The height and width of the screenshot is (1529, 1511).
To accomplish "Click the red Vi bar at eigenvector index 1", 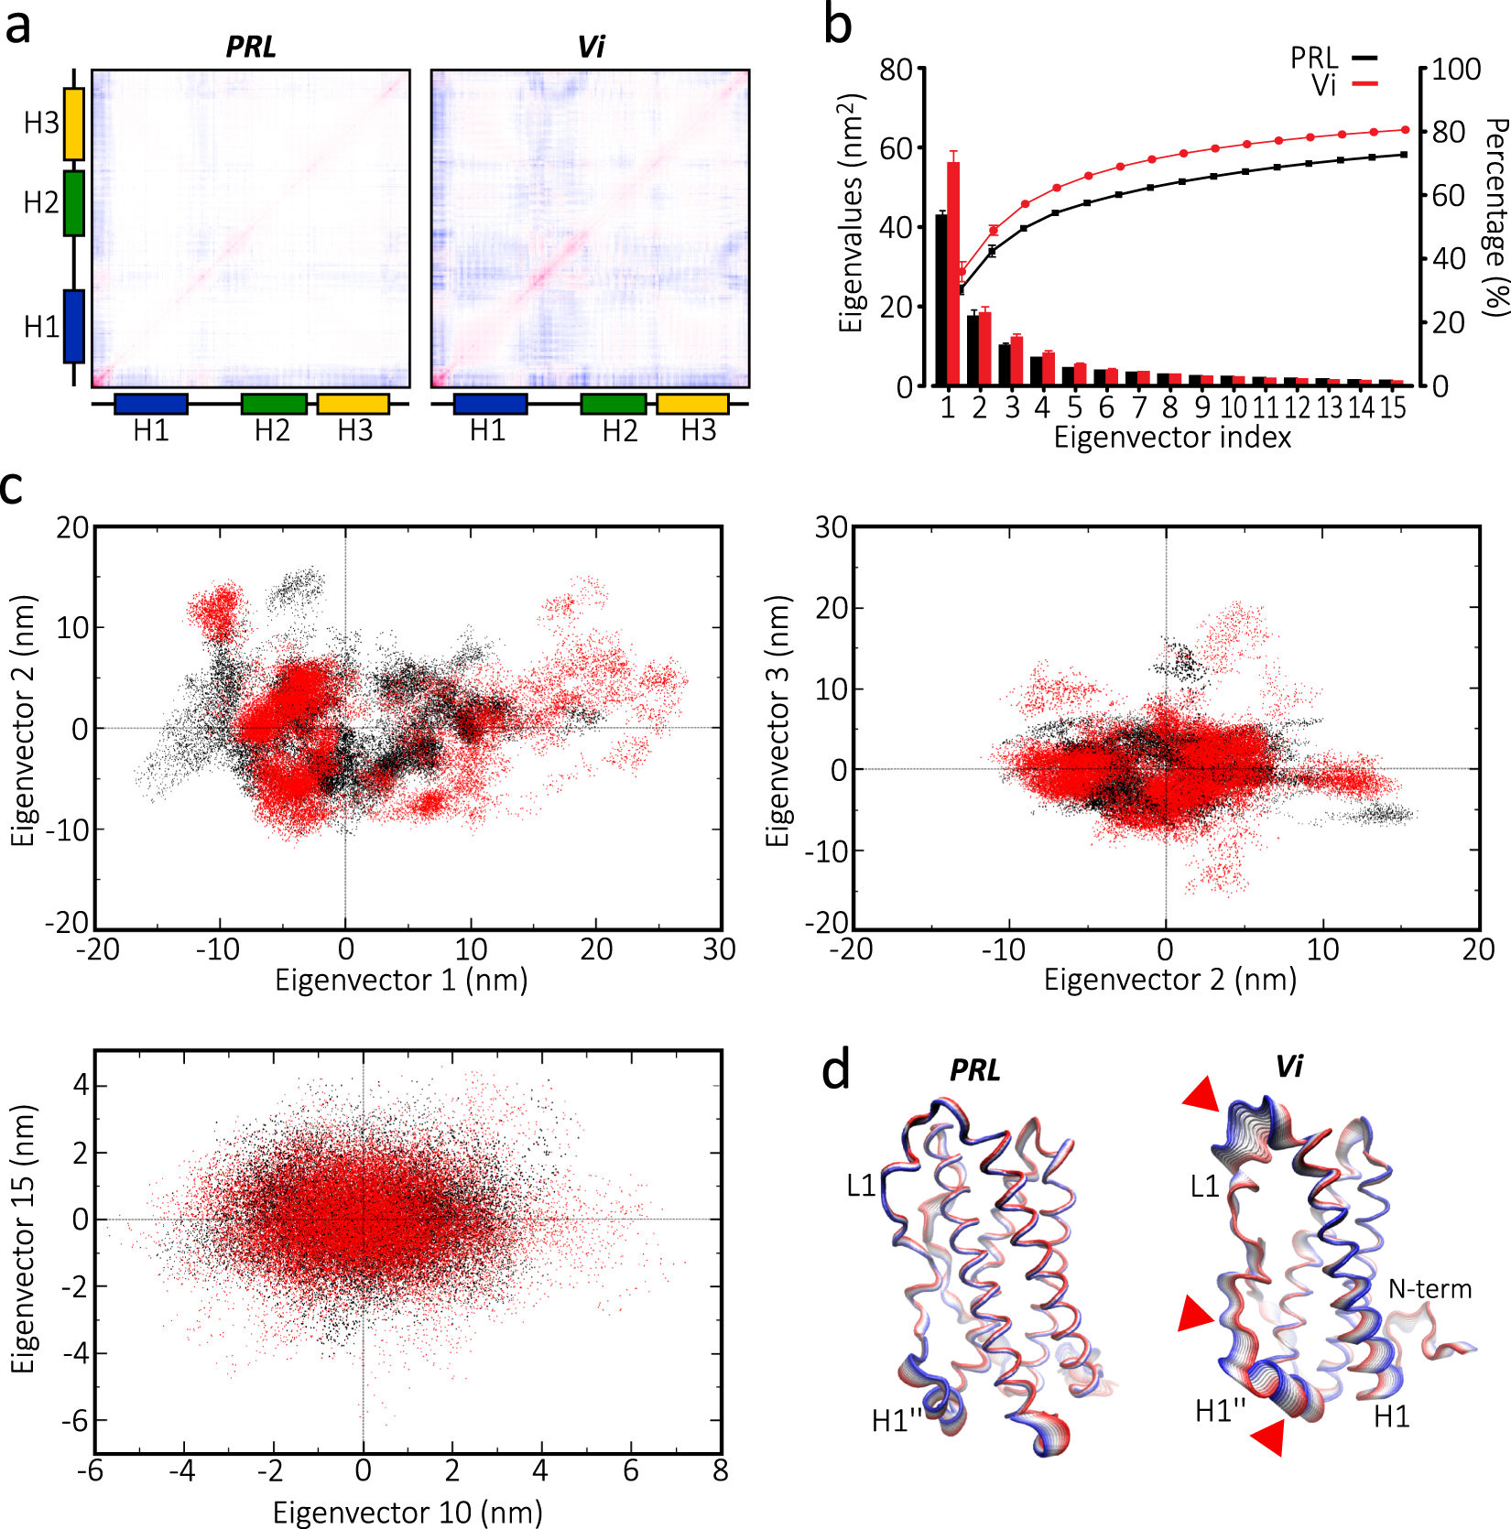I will tap(953, 275).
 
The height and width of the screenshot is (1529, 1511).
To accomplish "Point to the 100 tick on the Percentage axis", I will tap(1455, 70).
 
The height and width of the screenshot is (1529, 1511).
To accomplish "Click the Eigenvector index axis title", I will tap(1172, 438).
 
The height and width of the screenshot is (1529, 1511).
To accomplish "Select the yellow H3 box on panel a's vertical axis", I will tap(74, 124).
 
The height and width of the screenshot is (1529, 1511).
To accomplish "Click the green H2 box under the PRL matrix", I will tap(274, 404).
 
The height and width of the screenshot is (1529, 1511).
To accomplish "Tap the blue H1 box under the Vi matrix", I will tap(490, 404).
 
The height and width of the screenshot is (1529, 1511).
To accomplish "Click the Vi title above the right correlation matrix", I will tap(591, 47).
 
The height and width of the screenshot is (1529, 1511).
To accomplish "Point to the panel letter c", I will tap(12, 488).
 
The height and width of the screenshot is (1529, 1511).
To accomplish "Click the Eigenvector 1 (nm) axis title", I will tap(401, 980).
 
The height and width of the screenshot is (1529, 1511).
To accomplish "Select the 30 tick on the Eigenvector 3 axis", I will tap(831, 527).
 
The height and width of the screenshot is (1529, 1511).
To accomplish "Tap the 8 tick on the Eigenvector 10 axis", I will tap(721, 1470).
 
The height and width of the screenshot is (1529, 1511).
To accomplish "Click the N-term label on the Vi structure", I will tap(1429, 1289).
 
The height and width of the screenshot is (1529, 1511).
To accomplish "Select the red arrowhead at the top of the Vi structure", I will tap(1201, 1093).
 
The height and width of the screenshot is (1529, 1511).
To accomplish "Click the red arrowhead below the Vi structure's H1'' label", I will tap(1269, 1437).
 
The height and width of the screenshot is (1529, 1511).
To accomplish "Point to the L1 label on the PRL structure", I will tap(862, 1187).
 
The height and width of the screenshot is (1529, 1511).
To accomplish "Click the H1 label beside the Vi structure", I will tap(1391, 1417).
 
